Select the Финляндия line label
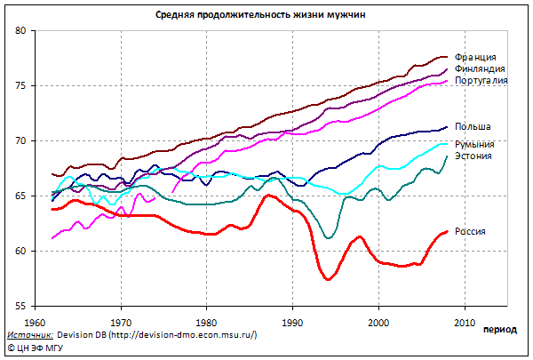(480, 69)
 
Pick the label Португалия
(481, 81)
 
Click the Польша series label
(472, 127)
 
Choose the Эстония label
(473, 156)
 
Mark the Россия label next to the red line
(472, 232)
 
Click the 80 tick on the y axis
(23, 31)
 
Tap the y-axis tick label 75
(23, 86)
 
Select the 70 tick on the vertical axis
(23, 141)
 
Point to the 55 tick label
(23, 306)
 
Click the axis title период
(500, 330)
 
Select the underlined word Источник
(28, 335)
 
